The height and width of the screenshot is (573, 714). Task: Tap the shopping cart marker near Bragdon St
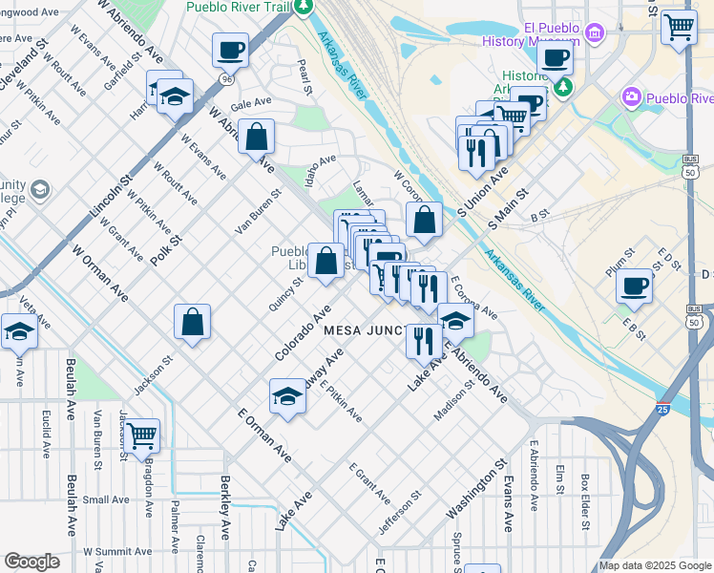pos(141,436)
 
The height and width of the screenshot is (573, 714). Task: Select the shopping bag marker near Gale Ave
pos(256,138)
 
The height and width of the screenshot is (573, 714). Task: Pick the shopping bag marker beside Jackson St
pos(193,322)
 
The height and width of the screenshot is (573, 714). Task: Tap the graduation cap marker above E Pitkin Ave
pos(286,396)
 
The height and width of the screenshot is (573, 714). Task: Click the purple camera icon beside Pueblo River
pos(630,97)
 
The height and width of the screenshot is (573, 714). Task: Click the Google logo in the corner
pos(31,562)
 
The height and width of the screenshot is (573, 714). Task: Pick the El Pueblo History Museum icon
pos(595,35)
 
